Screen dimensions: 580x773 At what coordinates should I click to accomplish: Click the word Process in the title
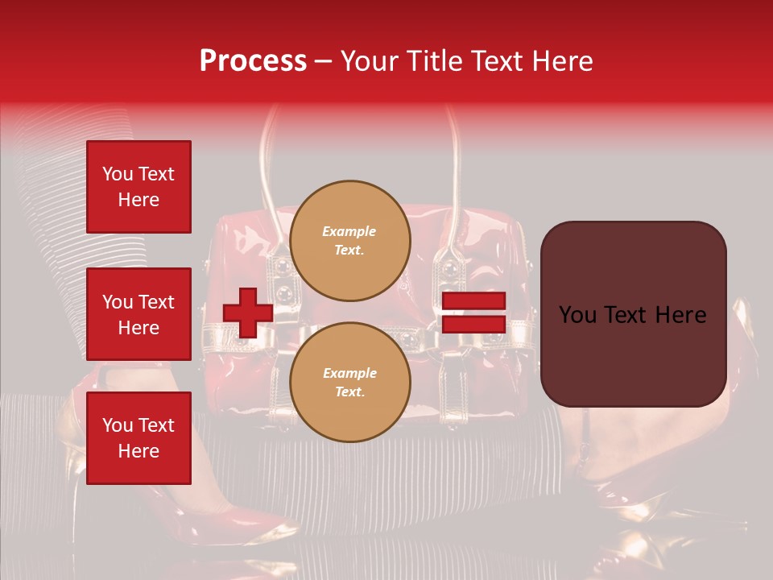pyautogui.click(x=253, y=61)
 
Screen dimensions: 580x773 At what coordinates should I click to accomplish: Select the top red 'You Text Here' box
pyautogui.click(x=138, y=187)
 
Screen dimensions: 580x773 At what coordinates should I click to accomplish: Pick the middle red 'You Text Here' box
pyautogui.click(x=138, y=314)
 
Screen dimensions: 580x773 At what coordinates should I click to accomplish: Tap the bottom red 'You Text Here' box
pyautogui.click(x=138, y=437)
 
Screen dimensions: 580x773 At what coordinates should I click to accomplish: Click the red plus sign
pyautogui.click(x=248, y=313)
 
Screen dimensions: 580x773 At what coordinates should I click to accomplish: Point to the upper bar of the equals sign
pyautogui.click(x=473, y=300)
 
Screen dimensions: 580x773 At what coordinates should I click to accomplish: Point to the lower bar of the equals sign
pyautogui.click(x=473, y=324)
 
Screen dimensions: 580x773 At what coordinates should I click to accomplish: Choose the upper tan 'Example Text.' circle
pyautogui.click(x=350, y=240)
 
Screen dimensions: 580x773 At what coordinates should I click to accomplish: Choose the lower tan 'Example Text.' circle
pyautogui.click(x=350, y=382)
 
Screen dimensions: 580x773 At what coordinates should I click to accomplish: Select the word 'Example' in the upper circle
pyautogui.click(x=349, y=231)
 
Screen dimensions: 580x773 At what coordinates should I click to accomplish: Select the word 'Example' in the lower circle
pyautogui.click(x=349, y=373)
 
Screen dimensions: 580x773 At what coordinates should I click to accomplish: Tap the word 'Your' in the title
pyautogui.click(x=369, y=61)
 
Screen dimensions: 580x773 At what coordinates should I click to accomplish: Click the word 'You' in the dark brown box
pyautogui.click(x=579, y=315)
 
